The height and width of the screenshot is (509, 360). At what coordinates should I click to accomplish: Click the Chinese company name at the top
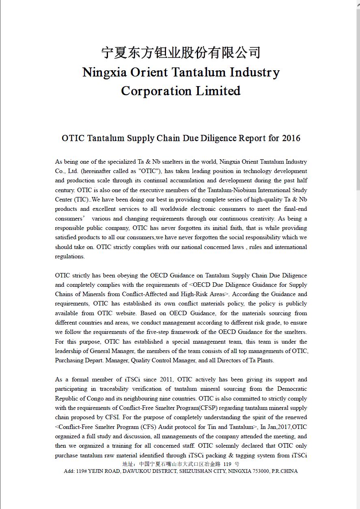click(181, 53)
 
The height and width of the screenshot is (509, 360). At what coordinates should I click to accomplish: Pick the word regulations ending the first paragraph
click(70, 256)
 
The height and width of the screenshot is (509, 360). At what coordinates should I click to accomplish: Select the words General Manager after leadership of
click(112, 351)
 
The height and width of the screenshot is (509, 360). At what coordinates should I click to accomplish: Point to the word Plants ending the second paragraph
click(265, 360)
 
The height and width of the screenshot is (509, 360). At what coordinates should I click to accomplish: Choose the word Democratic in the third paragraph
click(292, 389)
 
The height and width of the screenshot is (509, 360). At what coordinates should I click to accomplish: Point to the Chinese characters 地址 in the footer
click(128, 464)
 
